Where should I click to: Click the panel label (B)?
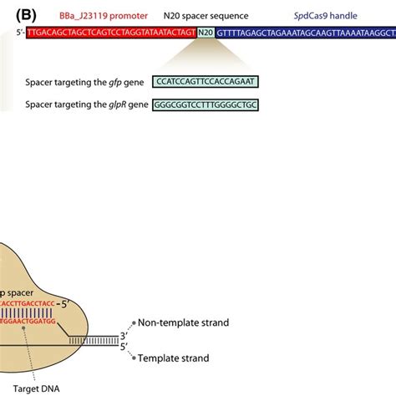coord(14,14)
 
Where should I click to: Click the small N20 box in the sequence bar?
coord(206,32)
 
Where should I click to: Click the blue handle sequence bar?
coord(306,32)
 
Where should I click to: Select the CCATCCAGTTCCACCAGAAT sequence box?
coord(206,83)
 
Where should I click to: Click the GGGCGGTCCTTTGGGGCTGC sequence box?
coord(206,104)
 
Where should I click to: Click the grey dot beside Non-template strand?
coord(130,322)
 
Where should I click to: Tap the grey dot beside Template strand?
coord(130,358)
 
